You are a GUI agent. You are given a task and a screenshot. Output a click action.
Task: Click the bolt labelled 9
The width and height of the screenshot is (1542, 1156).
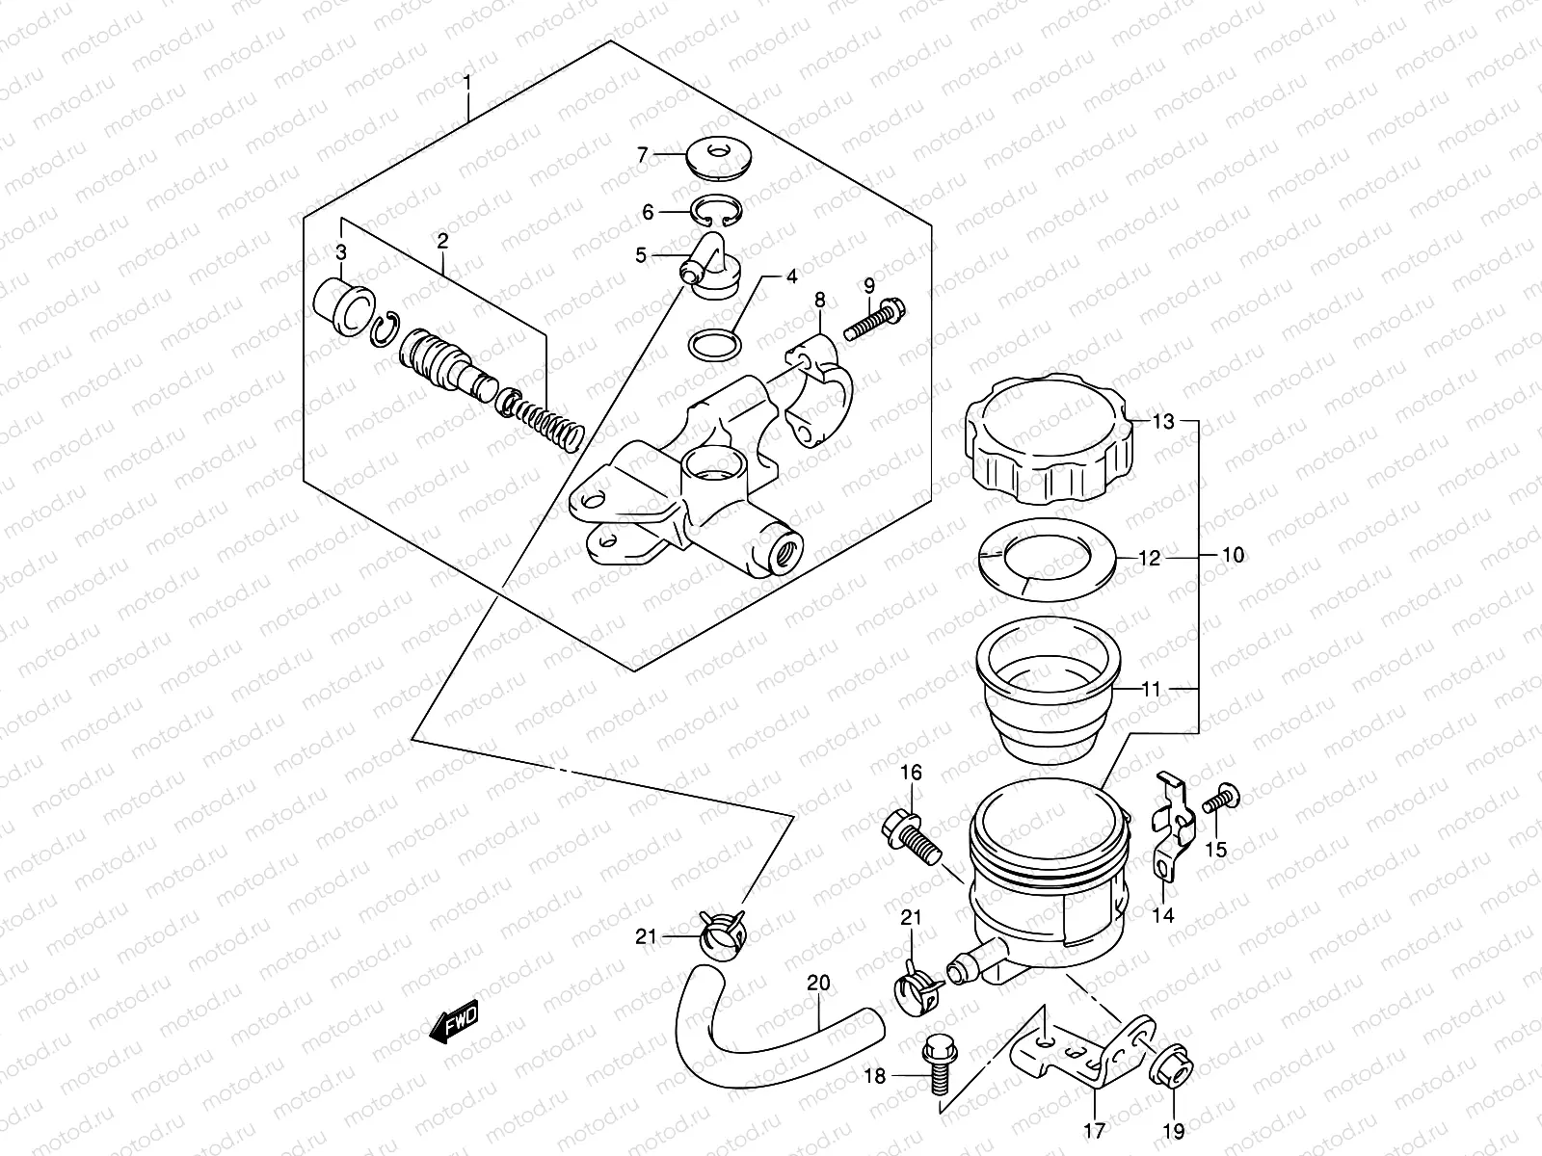[x=872, y=321]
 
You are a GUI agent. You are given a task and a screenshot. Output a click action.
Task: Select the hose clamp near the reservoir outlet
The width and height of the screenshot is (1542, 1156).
[x=918, y=990]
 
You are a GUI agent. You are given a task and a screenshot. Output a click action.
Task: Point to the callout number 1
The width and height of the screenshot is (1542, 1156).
[x=467, y=83]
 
